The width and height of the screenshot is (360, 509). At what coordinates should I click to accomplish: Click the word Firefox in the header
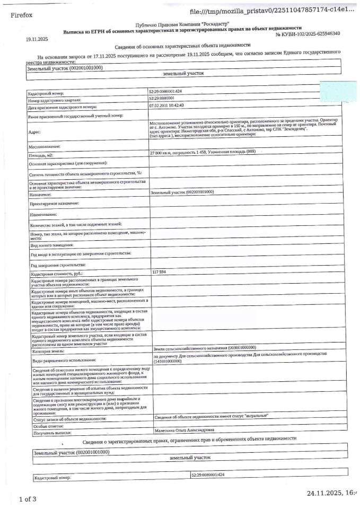[x=21, y=15]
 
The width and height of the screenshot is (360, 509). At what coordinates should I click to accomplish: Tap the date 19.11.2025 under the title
[x=37, y=40]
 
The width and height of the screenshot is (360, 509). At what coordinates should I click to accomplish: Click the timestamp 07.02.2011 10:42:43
[x=167, y=105]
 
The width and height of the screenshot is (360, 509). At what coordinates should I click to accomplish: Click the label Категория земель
[x=48, y=352]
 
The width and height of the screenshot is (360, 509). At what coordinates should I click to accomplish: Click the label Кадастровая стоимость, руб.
[x=57, y=274]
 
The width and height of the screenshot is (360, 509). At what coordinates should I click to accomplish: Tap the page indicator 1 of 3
[x=28, y=499]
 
